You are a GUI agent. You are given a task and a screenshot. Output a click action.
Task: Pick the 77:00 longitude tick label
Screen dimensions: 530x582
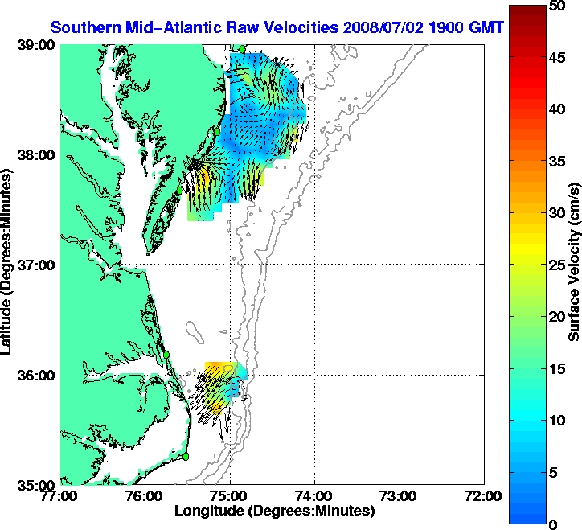(x=61, y=496)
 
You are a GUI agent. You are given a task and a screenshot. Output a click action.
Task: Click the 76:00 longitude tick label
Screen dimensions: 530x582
(x=145, y=496)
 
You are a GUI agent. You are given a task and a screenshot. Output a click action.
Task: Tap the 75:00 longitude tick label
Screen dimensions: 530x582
(x=231, y=496)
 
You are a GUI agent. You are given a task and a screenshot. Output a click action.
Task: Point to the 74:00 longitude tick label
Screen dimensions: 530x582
(x=316, y=496)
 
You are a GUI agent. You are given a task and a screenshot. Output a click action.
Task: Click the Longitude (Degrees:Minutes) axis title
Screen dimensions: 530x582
(x=274, y=511)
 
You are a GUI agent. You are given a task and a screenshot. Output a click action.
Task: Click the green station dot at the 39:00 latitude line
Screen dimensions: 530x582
(x=242, y=49)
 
